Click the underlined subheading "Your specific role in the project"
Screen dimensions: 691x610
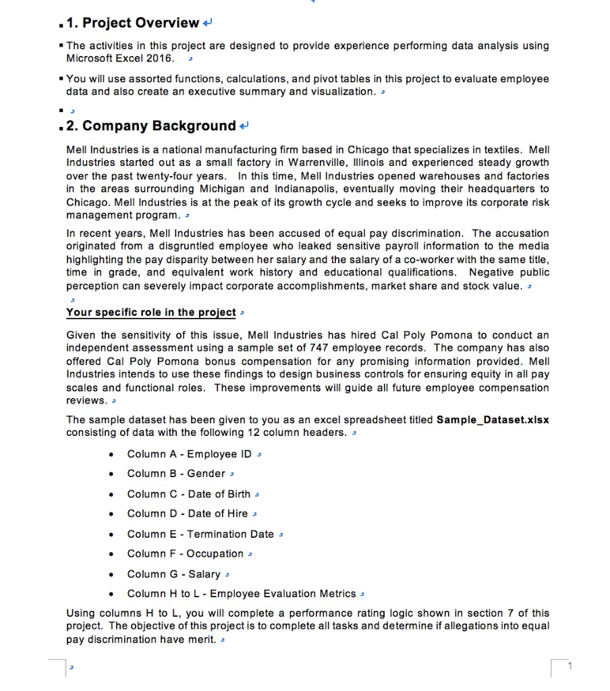[x=151, y=312]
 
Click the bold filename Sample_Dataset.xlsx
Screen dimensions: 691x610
[x=493, y=420]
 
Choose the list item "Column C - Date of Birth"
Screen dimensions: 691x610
[x=188, y=494]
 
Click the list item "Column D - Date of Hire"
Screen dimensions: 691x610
[x=187, y=514]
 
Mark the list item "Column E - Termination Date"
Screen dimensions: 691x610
[x=200, y=534]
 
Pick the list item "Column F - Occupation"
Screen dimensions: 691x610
[x=185, y=553]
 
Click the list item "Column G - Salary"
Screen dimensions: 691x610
[x=173, y=574]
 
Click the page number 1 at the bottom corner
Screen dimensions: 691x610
[x=570, y=667]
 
